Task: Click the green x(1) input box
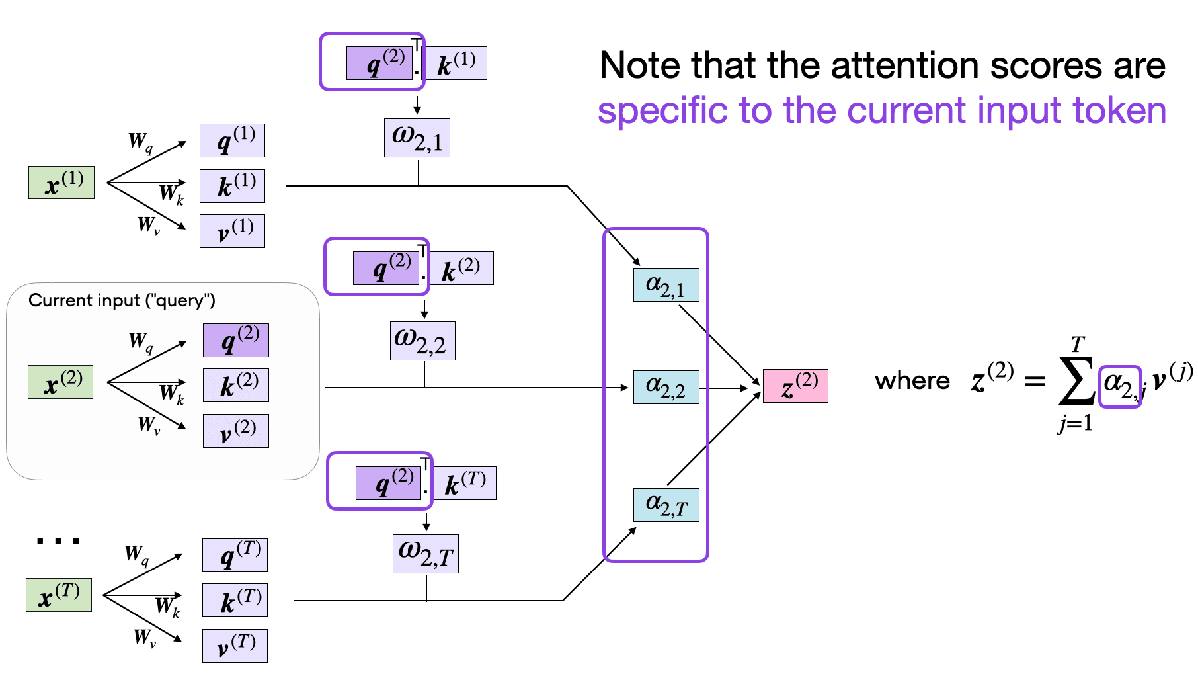61,183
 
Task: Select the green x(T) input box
59,595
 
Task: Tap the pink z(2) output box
795,386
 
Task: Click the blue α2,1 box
666,285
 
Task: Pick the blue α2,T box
666,505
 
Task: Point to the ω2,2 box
422,341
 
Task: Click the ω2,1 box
417,138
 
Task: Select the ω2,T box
425,554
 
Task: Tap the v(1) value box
232,232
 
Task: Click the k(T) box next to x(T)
235,601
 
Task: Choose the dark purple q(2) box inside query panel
235,341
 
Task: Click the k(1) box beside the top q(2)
455,63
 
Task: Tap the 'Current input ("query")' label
122,301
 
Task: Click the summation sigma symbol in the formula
1076,382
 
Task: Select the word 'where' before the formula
912,382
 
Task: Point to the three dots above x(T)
58,541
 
